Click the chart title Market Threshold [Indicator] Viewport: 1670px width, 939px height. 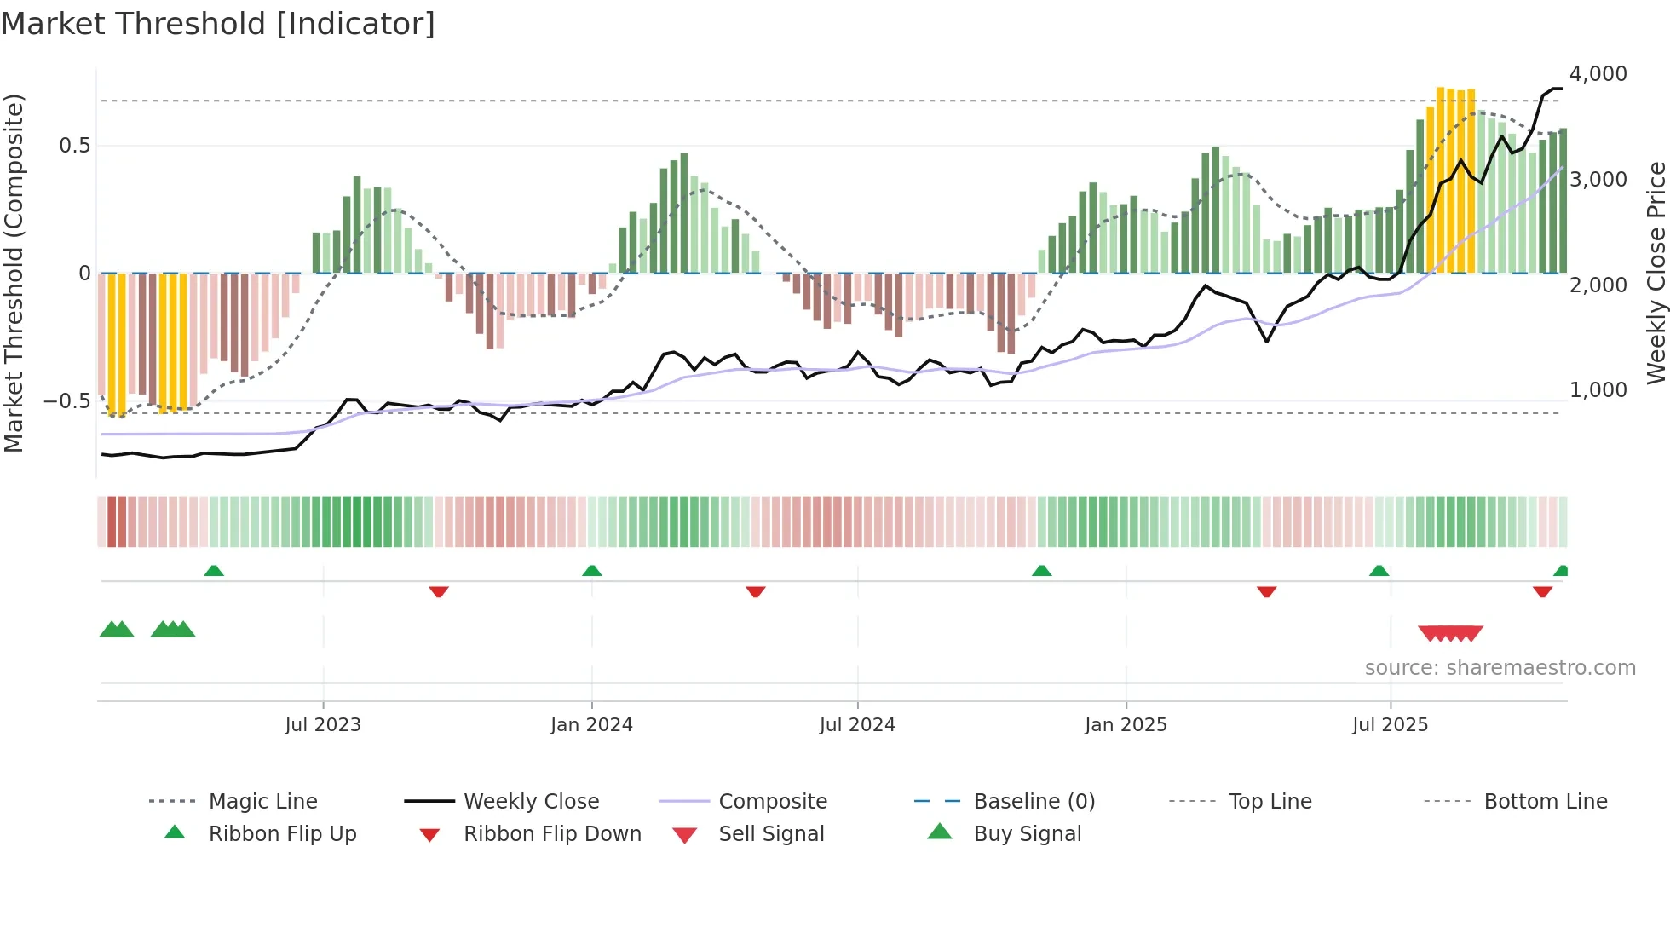tap(218, 24)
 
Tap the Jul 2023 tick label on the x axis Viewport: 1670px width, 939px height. tap(323, 724)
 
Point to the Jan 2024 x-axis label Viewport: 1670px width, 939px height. tap(591, 724)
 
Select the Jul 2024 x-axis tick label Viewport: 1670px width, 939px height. tap(857, 724)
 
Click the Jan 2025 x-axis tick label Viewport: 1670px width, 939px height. tap(1126, 724)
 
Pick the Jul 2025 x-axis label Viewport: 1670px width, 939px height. tap(1390, 724)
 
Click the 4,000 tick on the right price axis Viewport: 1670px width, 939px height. tap(1598, 74)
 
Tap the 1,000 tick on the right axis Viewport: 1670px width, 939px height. tap(1598, 390)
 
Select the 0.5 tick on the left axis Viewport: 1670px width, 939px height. tap(74, 146)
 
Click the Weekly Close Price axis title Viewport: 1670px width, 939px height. tap(1656, 273)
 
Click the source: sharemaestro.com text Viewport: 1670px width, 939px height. tap(1500, 667)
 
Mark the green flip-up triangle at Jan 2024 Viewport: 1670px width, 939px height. tap(592, 571)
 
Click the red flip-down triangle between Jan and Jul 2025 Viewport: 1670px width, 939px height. tap(1266, 591)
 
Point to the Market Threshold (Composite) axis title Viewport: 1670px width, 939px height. tap(14, 273)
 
